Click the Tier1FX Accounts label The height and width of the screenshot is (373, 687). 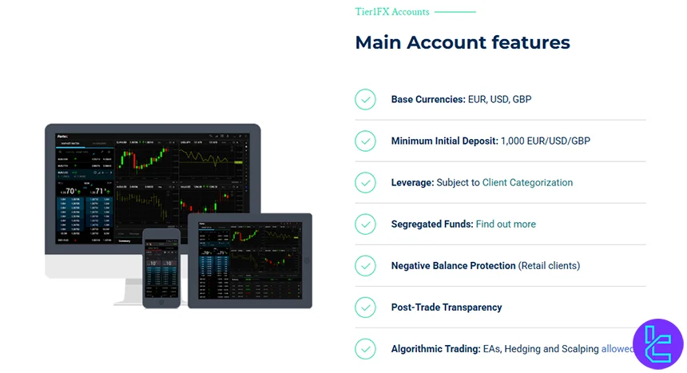[392, 12]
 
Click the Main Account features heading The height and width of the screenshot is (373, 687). [463, 42]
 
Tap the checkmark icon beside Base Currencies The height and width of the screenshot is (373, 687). [365, 99]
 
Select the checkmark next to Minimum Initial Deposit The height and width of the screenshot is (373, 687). [365, 141]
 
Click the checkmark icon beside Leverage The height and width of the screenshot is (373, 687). [365, 182]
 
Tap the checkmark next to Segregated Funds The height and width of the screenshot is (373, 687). [365, 224]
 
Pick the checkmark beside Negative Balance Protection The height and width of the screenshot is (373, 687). [365, 265]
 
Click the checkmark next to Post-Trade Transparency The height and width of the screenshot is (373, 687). [365, 307]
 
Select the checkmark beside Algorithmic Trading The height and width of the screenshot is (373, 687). [365, 348]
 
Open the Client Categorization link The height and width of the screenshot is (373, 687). [527, 182]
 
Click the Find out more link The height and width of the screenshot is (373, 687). [506, 224]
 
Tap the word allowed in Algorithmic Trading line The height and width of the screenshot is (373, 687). [618, 348]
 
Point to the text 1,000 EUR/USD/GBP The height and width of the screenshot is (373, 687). [546, 141]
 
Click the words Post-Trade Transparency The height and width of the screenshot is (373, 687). [447, 307]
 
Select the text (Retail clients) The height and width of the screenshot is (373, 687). [549, 265]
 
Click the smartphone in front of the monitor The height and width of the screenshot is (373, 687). [160, 268]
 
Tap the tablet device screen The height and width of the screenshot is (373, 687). [249, 260]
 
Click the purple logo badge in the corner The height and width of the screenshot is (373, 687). [657, 344]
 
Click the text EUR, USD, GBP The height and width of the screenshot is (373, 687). [500, 99]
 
